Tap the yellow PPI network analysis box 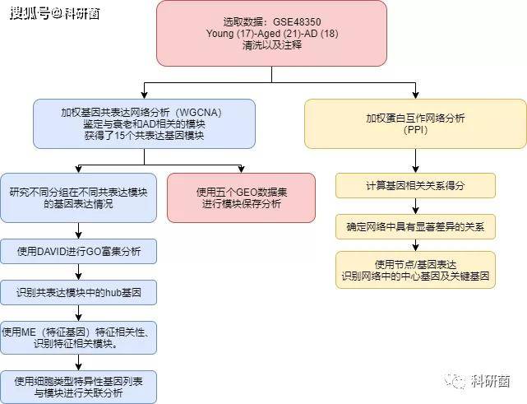[x=415, y=124]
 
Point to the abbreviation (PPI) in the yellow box [x=416, y=131]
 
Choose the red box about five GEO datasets [x=241, y=197]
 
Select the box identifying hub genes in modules [x=77, y=292]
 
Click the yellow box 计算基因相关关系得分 [x=415, y=186]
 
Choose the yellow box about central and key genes [x=415, y=271]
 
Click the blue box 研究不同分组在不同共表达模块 [x=77, y=197]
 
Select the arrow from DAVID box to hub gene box [x=77, y=271]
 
